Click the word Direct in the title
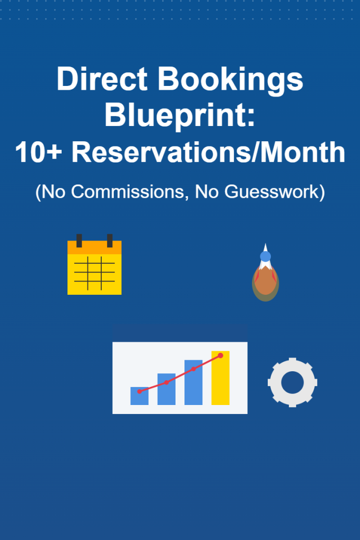coord(102,79)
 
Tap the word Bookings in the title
coord(230,81)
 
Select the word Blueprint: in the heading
coord(180,116)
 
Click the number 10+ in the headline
coord(38,152)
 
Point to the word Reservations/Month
coord(208,152)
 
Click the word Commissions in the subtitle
coord(128,191)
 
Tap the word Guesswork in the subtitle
coord(272,191)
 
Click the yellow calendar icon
coord(94,265)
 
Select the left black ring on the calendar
coord(79,240)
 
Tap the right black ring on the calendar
coord(110,240)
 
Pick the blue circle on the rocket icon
coord(265,256)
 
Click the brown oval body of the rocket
coord(265,282)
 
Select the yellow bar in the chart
coord(220,378)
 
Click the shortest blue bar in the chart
coord(139,396)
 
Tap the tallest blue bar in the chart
coord(193,382)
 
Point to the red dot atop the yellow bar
coord(221,355)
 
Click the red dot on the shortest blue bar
coord(139,392)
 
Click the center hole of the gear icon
coord(293,382)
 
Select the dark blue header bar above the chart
coord(180,333)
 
